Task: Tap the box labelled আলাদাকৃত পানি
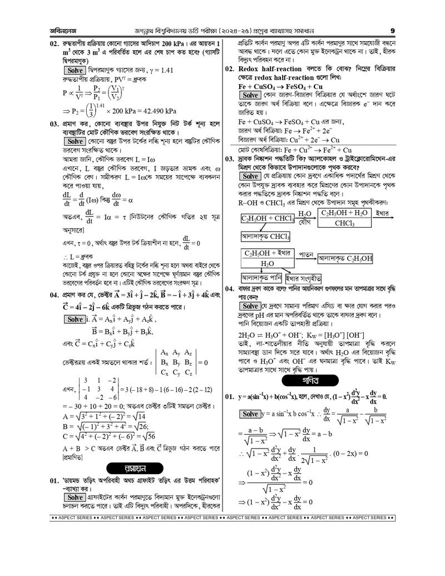click(x=261, y=277)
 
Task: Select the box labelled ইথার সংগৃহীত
click(x=304, y=277)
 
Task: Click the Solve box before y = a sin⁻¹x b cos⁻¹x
click(x=251, y=414)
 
